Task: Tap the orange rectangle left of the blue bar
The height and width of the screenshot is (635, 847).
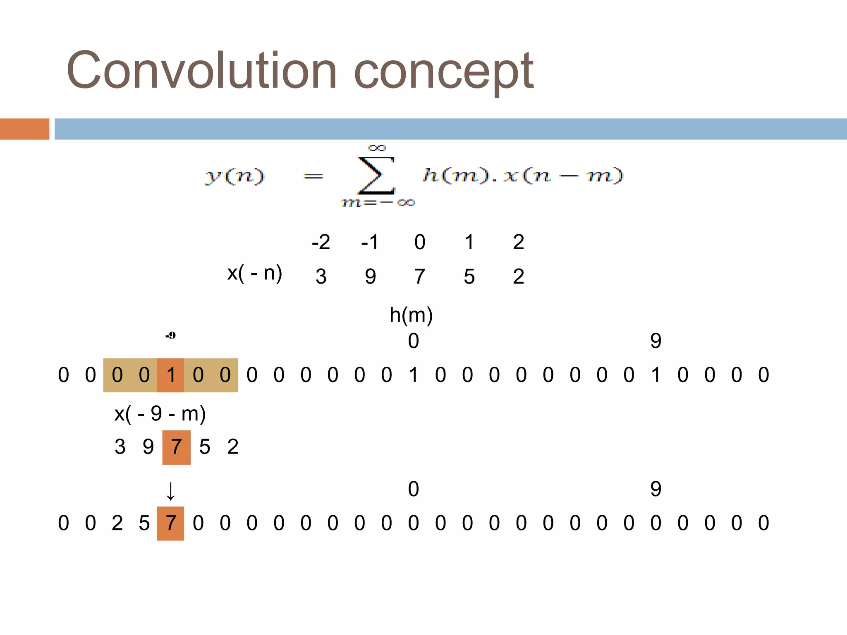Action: pos(24,129)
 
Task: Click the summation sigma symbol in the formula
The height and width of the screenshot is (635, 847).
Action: pos(376,175)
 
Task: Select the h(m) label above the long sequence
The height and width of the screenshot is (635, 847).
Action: pos(411,315)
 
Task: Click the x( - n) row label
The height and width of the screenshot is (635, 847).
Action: pos(254,273)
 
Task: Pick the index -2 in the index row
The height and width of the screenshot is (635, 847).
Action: pos(321,242)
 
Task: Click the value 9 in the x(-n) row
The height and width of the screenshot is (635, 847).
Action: pos(370,276)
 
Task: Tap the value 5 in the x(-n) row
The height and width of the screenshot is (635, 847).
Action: pos(469,276)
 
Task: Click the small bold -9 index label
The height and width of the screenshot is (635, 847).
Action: pos(170,335)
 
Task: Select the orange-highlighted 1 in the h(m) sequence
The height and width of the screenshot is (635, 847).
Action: pos(171,375)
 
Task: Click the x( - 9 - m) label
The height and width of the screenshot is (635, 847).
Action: pos(160,413)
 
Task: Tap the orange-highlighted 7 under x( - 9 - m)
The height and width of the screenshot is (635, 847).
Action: pos(177,447)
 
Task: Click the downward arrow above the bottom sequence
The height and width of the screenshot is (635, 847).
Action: pos(170,491)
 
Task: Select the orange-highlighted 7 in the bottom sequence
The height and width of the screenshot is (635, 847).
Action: pos(171,523)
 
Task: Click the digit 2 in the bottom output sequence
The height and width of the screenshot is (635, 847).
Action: pos(117,523)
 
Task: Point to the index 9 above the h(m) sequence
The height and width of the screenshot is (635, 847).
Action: pos(656,341)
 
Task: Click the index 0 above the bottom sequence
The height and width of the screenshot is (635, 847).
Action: pos(413,489)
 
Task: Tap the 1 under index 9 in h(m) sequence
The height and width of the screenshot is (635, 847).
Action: pos(656,375)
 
